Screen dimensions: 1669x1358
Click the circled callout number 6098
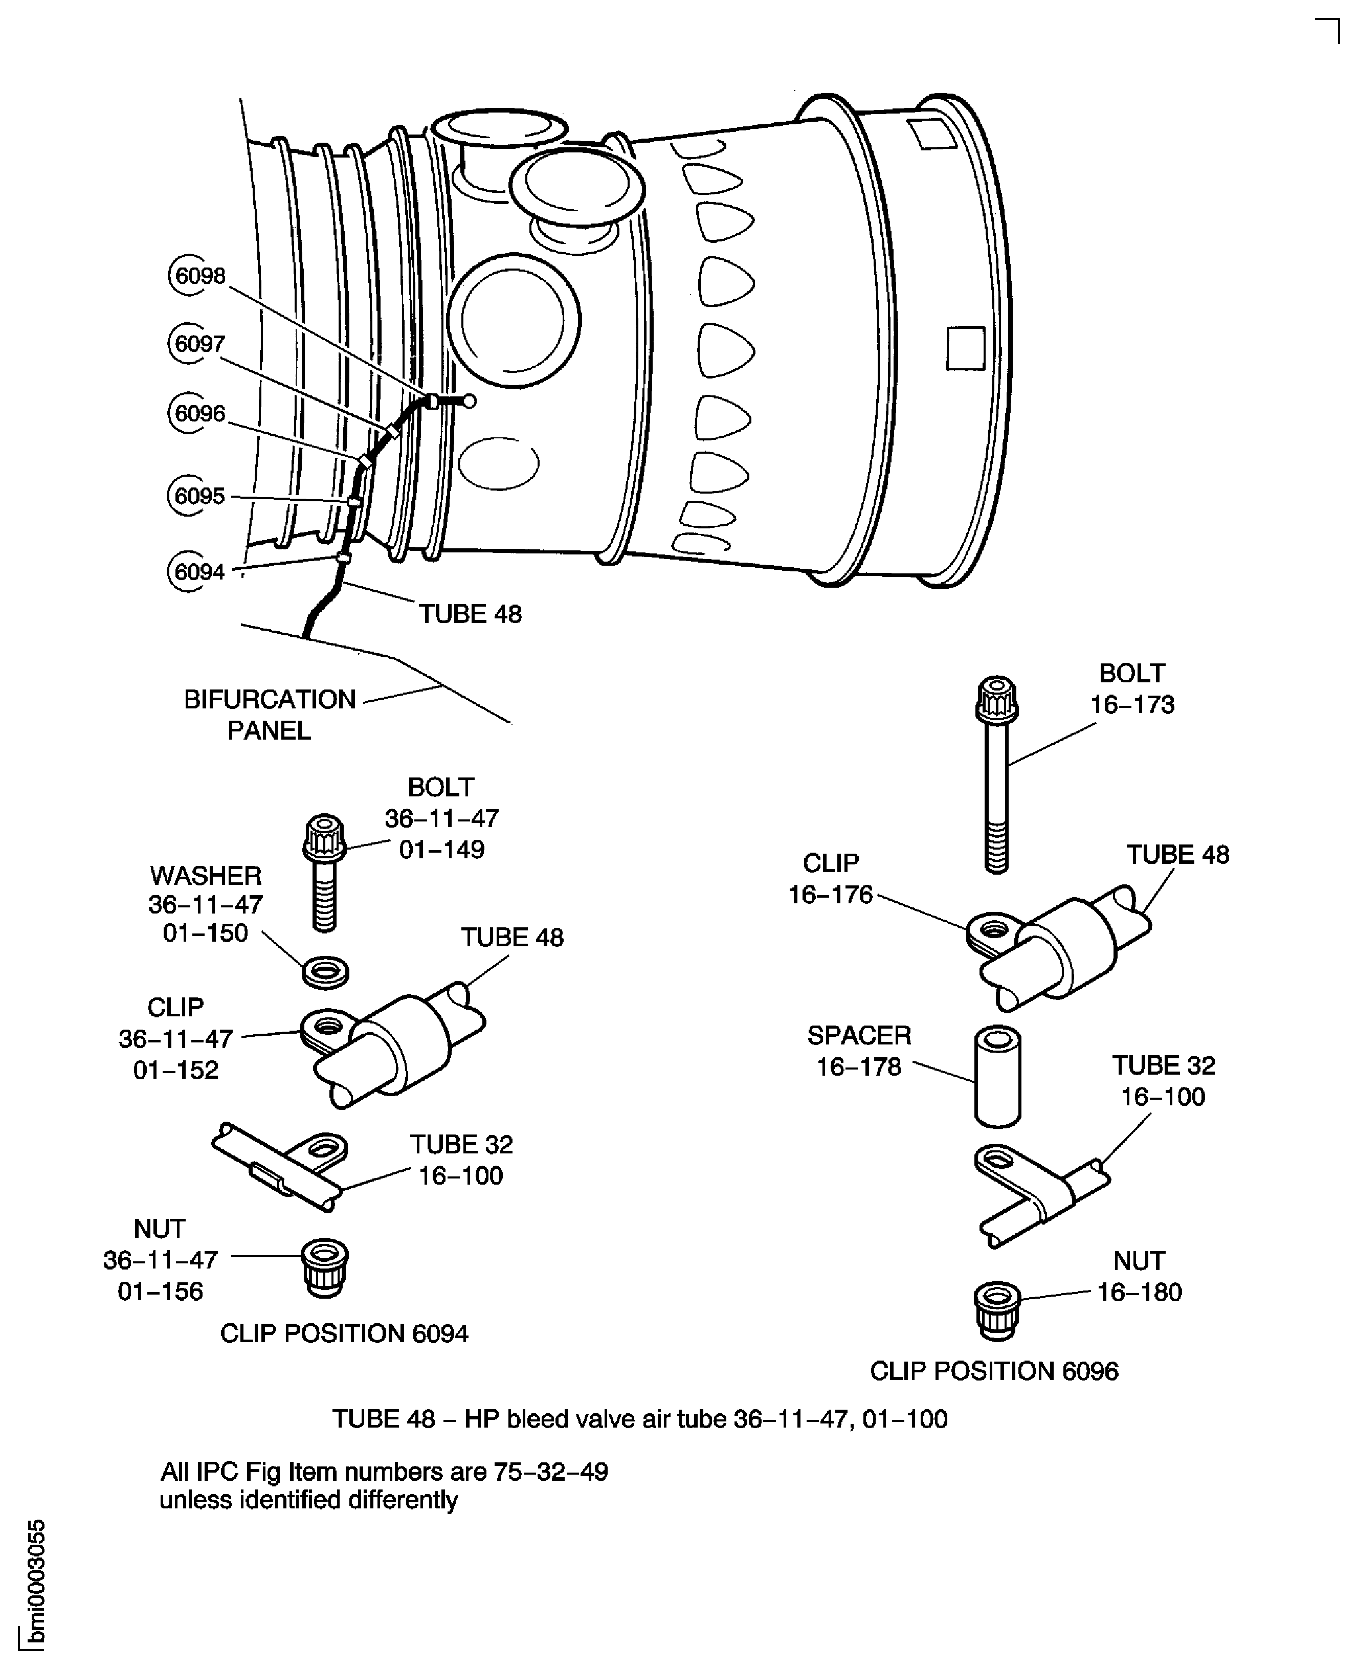tap(198, 276)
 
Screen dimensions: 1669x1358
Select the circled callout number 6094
tap(198, 572)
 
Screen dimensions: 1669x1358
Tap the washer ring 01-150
tap(325, 972)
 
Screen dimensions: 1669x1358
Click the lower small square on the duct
tap(965, 348)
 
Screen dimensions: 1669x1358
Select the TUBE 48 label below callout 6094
tap(470, 614)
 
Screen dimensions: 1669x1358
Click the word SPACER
tap(859, 1035)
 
